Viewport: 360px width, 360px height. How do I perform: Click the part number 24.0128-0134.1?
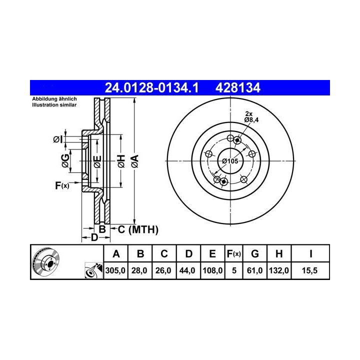pos(151,88)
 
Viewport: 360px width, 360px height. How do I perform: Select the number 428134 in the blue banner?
pos(238,88)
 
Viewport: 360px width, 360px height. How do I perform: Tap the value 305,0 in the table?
pos(115,270)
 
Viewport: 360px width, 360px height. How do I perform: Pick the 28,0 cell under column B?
pos(139,270)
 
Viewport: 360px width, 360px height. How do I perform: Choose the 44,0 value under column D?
pos(187,270)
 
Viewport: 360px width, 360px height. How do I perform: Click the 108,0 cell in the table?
pos(212,270)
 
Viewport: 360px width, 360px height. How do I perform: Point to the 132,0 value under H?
pos(279,270)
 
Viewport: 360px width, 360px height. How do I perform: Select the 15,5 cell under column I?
pos(309,270)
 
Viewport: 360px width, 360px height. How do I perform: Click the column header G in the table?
pos(255,254)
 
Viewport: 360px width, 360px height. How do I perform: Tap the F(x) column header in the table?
pos(233,254)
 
